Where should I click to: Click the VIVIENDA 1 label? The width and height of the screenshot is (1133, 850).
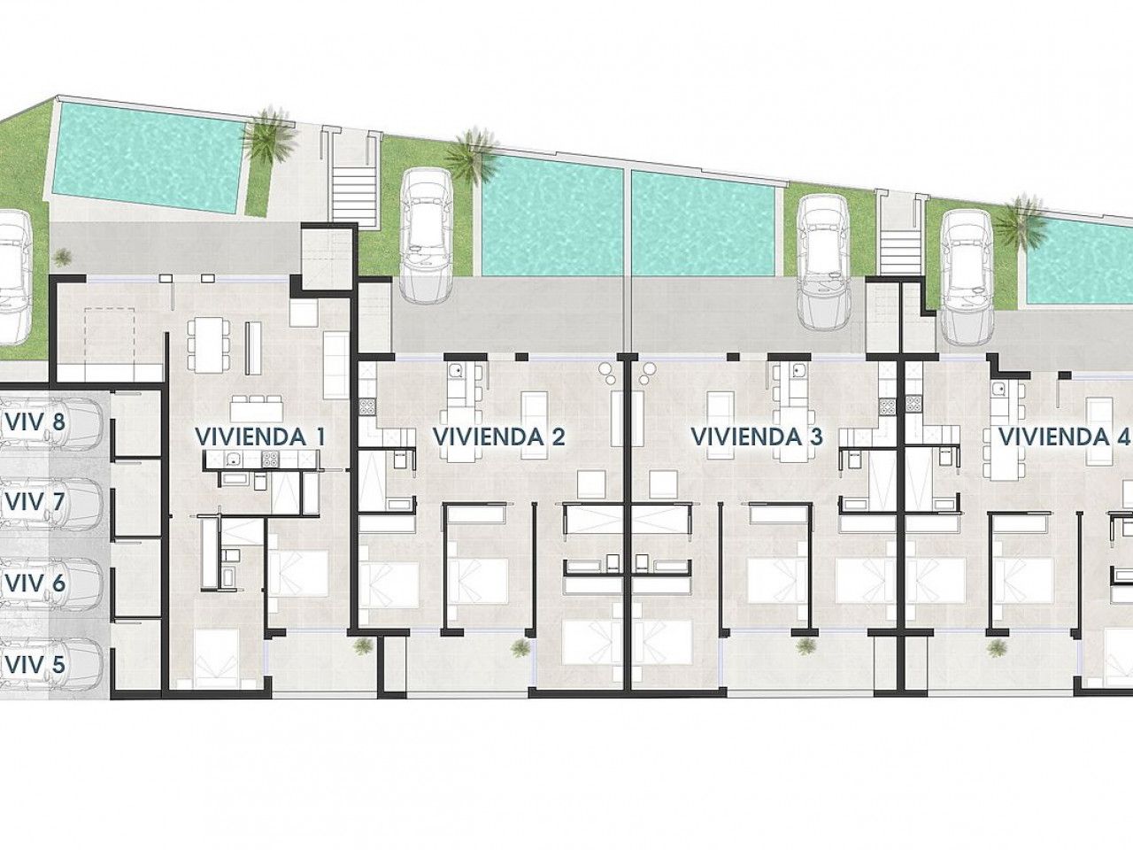coord(260,437)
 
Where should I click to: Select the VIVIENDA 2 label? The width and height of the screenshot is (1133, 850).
coord(499,437)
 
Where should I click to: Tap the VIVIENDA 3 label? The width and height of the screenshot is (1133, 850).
coord(757,437)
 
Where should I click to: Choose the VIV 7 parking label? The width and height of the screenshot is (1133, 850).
coord(35,502)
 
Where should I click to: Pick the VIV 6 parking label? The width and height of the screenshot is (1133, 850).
coord(35,583)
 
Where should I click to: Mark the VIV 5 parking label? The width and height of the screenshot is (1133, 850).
coord(35,664)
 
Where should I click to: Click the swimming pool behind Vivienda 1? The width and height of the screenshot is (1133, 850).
coord(147,158)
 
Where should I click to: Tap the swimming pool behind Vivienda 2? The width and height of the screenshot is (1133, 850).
coord(552,216)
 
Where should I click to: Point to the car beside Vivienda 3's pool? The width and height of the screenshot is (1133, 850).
coord(823,263)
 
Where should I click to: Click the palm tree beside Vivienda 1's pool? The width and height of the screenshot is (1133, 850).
coord(269,135)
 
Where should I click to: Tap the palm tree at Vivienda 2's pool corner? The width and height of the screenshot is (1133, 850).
coord(471,154)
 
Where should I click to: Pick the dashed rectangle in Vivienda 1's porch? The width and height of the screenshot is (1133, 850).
coord(109,335)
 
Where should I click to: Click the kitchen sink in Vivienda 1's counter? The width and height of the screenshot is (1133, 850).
coord(235,457)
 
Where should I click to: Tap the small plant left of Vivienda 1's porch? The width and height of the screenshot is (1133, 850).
coord(63,257)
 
